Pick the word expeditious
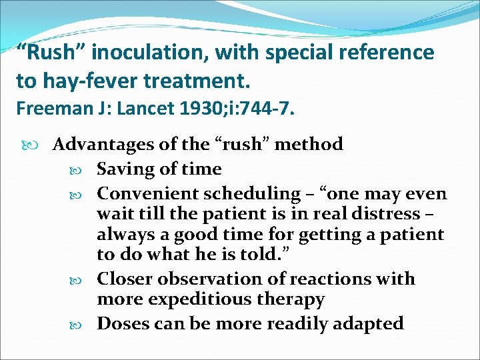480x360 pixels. click(x=207, y=300)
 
